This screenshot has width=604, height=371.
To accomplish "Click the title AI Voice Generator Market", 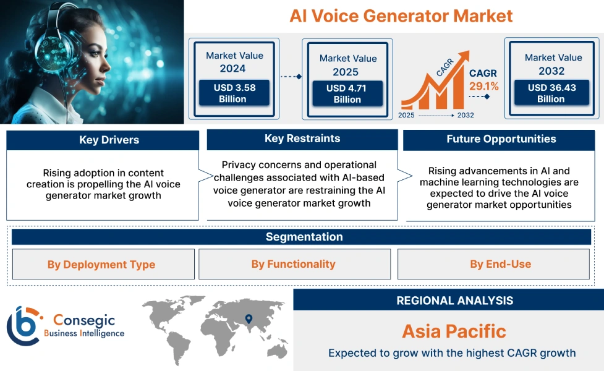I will (x=401, y=15).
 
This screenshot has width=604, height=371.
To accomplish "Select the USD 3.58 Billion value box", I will (x=234, y=93).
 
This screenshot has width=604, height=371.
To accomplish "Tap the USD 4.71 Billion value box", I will (x=347, y=94).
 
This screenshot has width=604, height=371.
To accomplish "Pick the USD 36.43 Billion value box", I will (x=551, y=93).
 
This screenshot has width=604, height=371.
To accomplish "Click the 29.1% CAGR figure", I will (x=483, y=86).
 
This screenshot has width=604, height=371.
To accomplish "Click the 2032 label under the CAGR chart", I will (x=465, y=115).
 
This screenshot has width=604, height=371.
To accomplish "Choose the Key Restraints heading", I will (x=302, y=139).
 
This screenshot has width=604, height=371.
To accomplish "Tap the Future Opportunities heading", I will (x=501, y=139).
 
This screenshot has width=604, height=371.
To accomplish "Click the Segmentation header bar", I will (x=304, y=237).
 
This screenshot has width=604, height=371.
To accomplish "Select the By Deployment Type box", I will (x=101, y=265).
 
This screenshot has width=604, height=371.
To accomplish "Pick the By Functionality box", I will (x=294, y=264).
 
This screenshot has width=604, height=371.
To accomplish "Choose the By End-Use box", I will (x=500, y=264).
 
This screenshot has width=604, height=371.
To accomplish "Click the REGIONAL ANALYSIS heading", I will (x=454, y=301).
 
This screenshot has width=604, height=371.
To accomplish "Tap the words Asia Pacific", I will (x=454, y=331).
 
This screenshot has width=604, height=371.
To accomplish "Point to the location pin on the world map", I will (x=249, y=319).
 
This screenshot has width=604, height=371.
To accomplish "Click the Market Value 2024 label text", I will (x=234, y=62).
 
